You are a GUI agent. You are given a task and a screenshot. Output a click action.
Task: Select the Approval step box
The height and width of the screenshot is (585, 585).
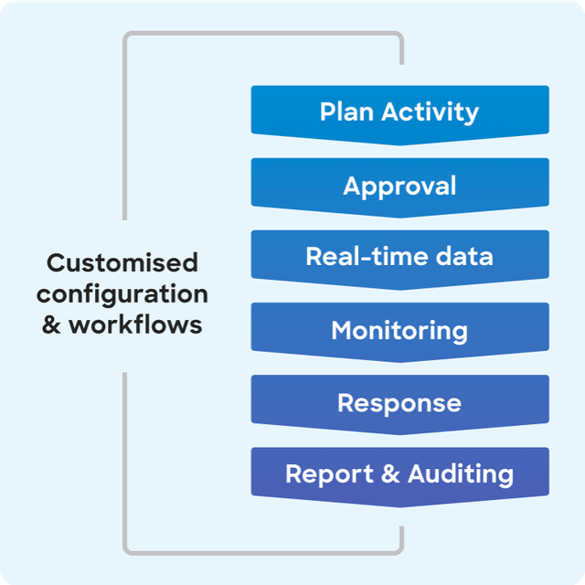(x=400, y=187)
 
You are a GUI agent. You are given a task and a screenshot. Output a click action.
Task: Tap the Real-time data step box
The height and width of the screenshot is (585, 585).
(x=400, y=260)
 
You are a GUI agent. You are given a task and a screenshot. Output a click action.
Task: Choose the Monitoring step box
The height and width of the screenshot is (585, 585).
(x=400, y=332)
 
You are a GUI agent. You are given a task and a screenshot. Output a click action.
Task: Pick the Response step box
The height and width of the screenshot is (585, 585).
(x=400, y=404)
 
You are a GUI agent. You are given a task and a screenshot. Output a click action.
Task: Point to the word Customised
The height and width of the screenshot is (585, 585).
(x=122, y=262)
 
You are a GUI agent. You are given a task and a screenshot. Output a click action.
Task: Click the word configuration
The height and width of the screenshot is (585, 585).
(x=122, y=295)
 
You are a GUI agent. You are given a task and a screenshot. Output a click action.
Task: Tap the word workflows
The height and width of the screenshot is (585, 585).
(x=135, y=324)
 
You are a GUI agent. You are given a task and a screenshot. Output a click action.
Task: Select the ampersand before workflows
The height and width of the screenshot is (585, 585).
(x=51, y=325)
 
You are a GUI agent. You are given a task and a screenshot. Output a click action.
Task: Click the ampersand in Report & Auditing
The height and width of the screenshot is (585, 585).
(x=390, y=473)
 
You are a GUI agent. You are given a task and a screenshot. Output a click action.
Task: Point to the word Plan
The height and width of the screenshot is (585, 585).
(x=346, y=112)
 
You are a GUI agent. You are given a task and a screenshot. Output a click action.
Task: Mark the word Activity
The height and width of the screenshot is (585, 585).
(x=430, y=112)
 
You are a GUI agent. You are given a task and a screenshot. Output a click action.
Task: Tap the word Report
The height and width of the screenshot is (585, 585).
(x=329, y=474)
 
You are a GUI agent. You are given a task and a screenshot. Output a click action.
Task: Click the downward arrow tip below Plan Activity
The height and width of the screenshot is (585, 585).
(x=400, y=145)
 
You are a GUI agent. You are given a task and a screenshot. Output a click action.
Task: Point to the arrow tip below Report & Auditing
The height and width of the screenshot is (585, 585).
(x=400, y=507)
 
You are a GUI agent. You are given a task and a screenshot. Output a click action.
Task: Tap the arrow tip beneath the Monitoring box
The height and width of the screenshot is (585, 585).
(x=400, y=362)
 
